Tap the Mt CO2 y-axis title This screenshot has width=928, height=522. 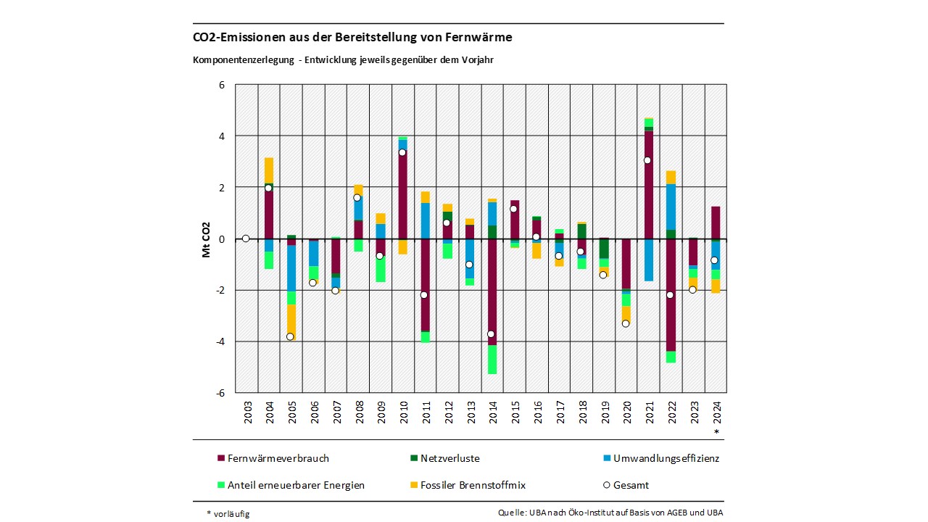coord(207,239)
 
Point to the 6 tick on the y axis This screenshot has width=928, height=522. coord(221,85)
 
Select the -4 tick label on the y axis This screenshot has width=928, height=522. coord(220,341)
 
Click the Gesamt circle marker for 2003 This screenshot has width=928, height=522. coord(246,239)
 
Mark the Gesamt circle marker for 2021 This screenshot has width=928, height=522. coord(647,160)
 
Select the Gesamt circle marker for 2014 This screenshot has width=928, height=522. coord(491,334)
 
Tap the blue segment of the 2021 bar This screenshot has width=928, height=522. coord(649,260)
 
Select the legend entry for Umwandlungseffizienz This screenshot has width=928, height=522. coord(660,458)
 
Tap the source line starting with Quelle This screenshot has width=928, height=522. coord(610,513)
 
